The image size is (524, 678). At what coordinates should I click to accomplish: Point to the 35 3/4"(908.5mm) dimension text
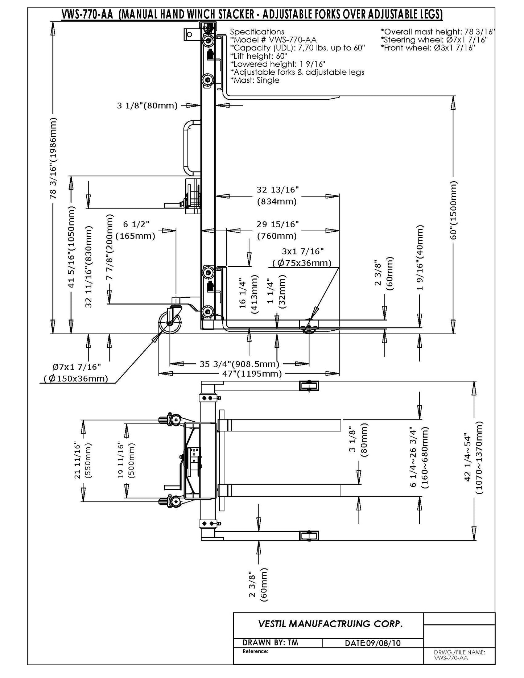point(239,364)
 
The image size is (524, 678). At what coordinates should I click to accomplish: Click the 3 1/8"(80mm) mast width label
point(147,106)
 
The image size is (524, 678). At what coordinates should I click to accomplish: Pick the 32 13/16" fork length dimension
point(277,190)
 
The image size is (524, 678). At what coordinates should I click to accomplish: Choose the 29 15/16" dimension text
point(277,224)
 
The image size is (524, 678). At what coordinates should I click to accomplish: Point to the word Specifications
point(257,32)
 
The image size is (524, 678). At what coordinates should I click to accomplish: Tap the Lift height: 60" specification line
point(259,56)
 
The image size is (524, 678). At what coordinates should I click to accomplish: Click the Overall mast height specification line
point(438,32)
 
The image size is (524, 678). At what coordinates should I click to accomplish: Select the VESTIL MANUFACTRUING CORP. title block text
point(330,624)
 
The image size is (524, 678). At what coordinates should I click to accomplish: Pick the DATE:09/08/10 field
point(373,643)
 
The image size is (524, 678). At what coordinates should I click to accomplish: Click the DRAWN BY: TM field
point(270,642)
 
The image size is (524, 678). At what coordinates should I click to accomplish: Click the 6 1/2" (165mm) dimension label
point(135,230)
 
